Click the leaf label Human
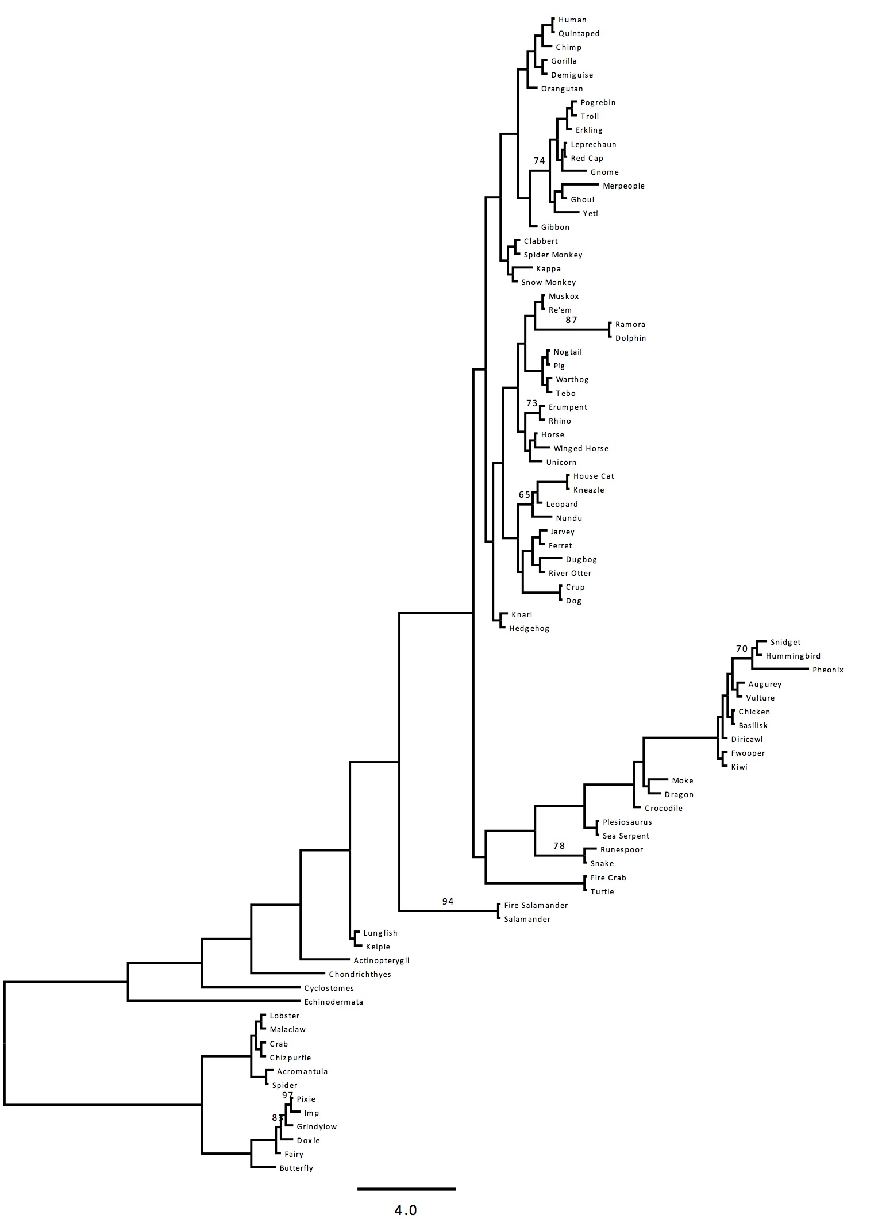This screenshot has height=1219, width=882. pyautogui.click(x=572, y=20)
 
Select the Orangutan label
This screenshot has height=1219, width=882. pyautogui.click(x=562, y=89)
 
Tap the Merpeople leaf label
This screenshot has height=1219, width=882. pyautogui.click(x=623, y=186)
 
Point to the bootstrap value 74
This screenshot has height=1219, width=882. pyautogui.click(x=539, y=161)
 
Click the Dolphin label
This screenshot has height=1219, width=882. pyautogui.click(x=630, y=339)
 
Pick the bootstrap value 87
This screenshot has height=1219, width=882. pyautogui.click(x=571, y=320)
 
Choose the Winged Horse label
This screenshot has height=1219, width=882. pyautogui.click(x=581, y=449)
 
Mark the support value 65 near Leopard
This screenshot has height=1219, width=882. pyautogui.click(x=524, y=495)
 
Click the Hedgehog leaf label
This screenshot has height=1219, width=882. pyautogui.click(x=529, y=629)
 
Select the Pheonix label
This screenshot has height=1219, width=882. pyautogui.click(x=828, y=670)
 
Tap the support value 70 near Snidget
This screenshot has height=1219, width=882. pyautogui.click(x=742, y=649)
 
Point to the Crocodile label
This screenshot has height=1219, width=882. pyautogui.click(x=664, y=809)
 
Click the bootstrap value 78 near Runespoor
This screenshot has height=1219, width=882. pyautogui.click(x=559, y=846)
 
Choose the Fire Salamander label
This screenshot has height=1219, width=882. pyautogui.click(x=536, y=906)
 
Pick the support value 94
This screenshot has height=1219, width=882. pyautogui.click(x=448, y=902)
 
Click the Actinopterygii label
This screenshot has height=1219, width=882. pyautogui.click(x=382, y=961)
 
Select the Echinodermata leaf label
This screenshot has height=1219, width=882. pyautogui.click(x=333, y=1002)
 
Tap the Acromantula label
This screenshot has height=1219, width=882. pyautogui.click(x=302, y=1072)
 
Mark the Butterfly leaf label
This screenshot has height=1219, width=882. pyautogui.click(x=296, y=1168)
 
